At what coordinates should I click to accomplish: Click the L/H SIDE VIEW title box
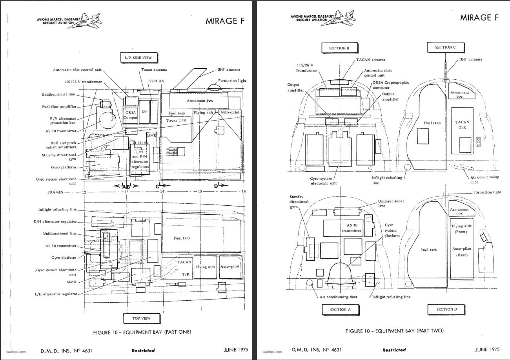(x=139, y=58)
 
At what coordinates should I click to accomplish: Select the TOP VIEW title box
(x=142, y=318)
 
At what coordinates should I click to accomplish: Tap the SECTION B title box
(x=339, y=48)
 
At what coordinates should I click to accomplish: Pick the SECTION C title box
(x=446, y=48)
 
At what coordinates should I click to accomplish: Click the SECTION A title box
(x=341, y=310)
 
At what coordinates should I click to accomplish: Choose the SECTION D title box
(x=446, y=309)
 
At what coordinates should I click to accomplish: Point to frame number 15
(x=200, y=192)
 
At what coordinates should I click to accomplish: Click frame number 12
(x=84, y=192)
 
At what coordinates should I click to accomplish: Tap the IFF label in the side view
(x=145, y=111)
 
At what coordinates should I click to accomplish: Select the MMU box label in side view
(x=152, y=135)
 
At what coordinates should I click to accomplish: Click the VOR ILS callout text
(x=157, y=81)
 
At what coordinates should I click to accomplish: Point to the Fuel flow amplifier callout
(x=59, y=107)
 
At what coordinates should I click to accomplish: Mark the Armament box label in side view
(x=200, y=101)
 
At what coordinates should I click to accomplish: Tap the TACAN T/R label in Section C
(x=462, y=124)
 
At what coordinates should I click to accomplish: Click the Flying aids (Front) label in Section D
(x=461, y=229)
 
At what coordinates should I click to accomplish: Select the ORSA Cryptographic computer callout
(x=391, y=85)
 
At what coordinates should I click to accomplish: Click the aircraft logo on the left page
(x=85, y=21)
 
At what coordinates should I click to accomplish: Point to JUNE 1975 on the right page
(x=487, y=349)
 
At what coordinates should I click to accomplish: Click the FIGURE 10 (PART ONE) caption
(x=142, y=332)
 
